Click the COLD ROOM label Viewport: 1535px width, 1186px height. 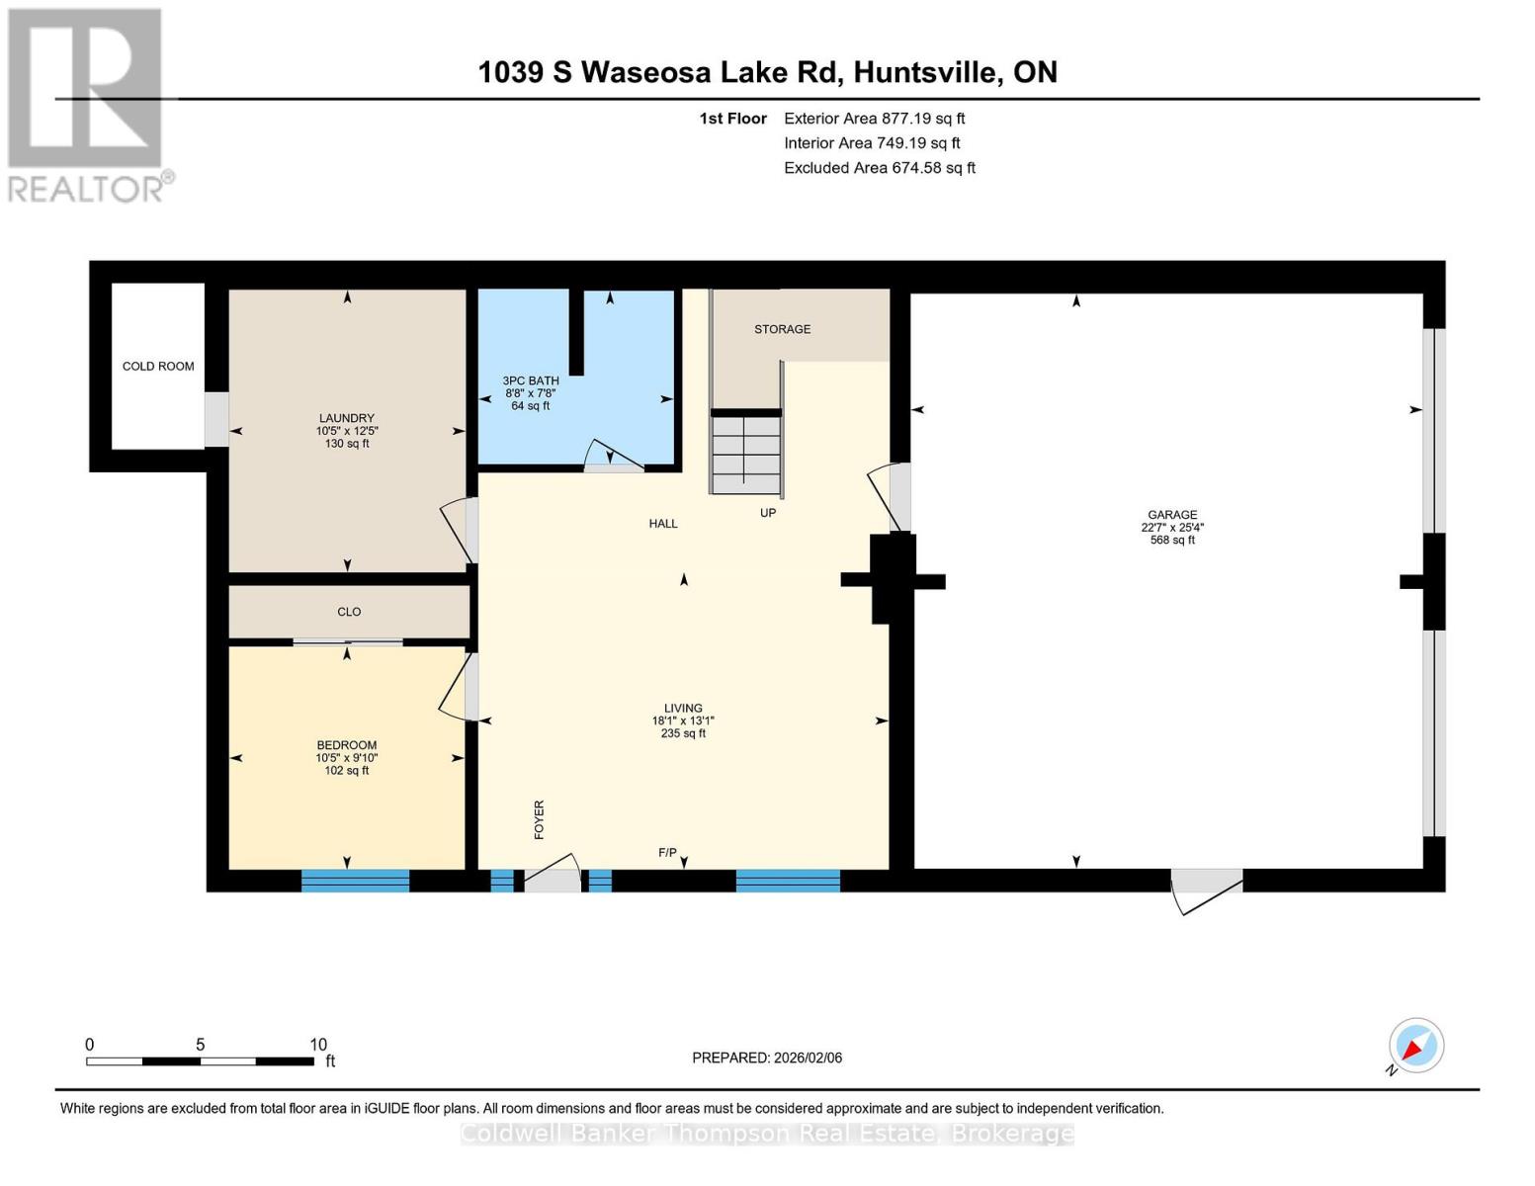(158, 366)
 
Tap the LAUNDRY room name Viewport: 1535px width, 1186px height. (346, 418)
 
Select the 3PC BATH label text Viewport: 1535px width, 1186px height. (531, 381)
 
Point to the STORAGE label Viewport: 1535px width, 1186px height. (782, 329)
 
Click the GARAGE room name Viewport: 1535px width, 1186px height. (1172, 515)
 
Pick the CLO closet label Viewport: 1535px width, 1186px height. (349, 612)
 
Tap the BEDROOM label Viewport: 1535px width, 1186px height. (346, 745)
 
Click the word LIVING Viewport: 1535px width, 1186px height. (683, 708)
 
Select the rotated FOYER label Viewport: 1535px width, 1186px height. (539, 819)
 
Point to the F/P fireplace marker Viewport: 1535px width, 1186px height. (667, 853)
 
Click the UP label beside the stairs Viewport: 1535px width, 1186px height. (768, 513)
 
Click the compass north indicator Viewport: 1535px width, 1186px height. (1415, 1046)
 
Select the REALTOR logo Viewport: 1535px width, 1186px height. (86, 105)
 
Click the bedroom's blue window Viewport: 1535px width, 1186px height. (355, 881)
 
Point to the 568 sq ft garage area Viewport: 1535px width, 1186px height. (1172, 541)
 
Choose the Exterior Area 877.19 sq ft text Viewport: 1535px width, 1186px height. (874, 119)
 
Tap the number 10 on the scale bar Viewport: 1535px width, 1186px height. (318, 1044)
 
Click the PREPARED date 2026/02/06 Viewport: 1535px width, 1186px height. (809, 1058)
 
